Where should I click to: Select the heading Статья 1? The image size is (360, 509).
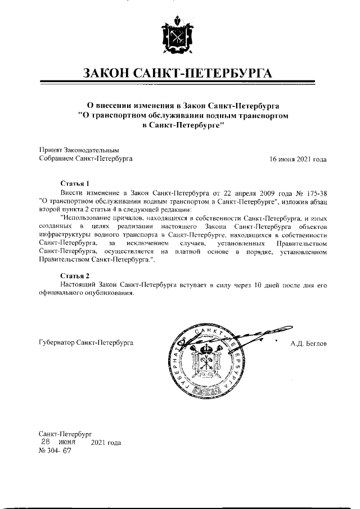[74, 183]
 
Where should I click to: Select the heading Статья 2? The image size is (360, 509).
[74, 276]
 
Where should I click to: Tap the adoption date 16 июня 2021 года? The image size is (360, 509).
[298, 159]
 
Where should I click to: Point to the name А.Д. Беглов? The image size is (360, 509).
[308, 343]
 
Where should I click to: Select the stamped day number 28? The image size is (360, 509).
[47, 443]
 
